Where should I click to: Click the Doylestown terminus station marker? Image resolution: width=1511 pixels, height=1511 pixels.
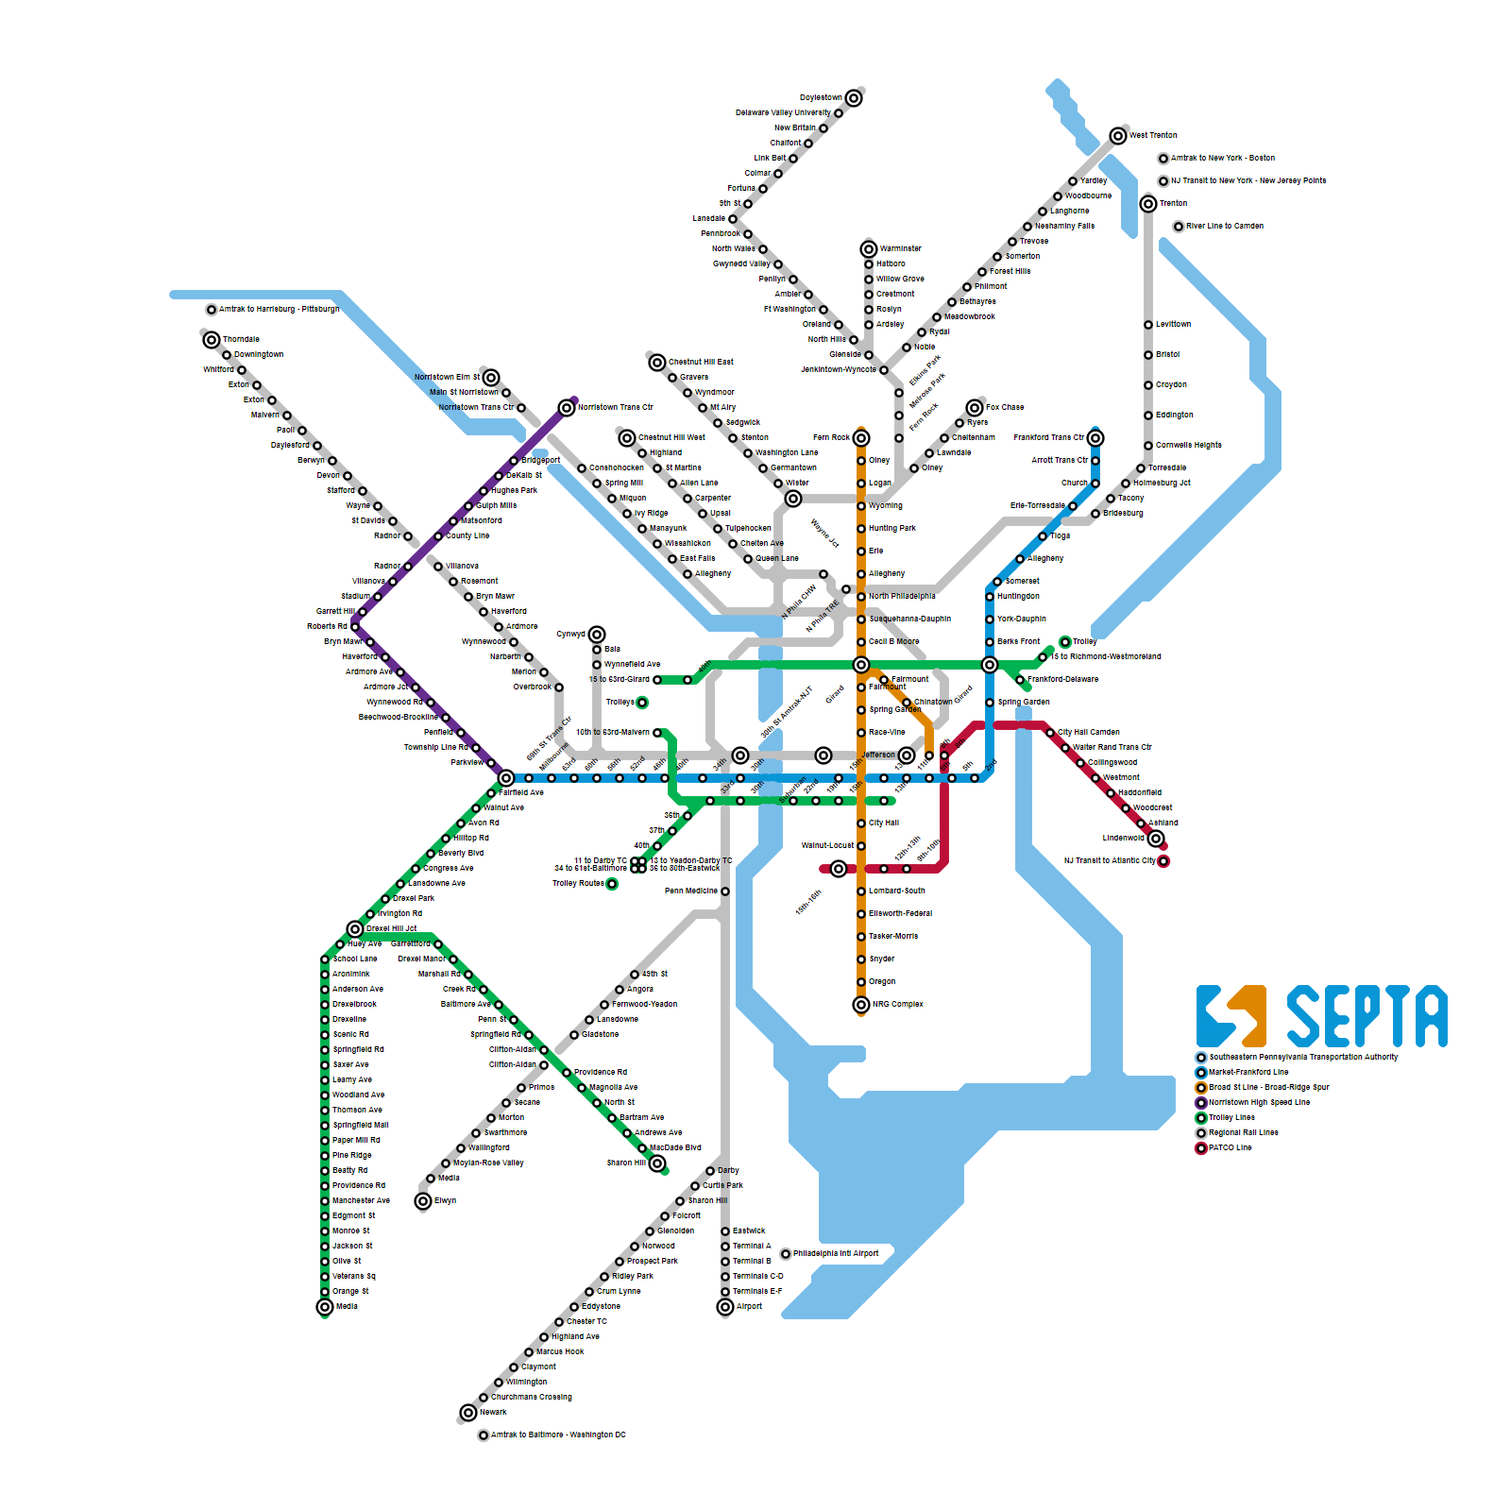coord(854,98)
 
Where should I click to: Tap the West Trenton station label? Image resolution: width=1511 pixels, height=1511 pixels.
coord(1153,136)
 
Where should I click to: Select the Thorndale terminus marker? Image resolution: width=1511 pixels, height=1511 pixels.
coord(212,340)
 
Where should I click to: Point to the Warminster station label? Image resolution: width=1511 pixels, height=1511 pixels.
coord(900,249)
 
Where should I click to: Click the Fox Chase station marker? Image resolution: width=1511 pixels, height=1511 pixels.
coord(975,408)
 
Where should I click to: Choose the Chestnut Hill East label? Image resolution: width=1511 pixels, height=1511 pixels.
coord(701,363)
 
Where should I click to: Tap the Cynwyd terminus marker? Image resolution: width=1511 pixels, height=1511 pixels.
coord(597,635)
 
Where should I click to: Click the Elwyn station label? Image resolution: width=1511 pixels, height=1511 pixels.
coord(445,1201)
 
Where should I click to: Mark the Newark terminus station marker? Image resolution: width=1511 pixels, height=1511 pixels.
coord(468,1413)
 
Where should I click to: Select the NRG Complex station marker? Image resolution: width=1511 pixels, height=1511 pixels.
coord(861,1005)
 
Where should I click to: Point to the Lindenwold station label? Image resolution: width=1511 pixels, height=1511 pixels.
coord(1123,839)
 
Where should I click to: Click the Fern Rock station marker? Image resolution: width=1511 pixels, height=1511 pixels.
coord(861,438)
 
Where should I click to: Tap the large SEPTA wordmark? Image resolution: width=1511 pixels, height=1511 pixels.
coord(1367,1016)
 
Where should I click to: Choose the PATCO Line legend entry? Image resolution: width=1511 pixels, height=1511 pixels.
coord(1230,1148)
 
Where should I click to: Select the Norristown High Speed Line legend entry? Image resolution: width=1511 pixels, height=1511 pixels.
coord(1259,1103)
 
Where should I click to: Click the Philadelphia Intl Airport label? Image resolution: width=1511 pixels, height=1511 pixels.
coord(836,1254)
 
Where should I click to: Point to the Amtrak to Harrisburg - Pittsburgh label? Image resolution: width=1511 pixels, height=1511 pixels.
coord(279,310)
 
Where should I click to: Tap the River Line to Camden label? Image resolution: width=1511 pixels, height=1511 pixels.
coord(1224,227)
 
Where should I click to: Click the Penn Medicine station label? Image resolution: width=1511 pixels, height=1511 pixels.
coord(690,891)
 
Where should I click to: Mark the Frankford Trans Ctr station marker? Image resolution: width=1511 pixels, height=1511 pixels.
coord(1095,438)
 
